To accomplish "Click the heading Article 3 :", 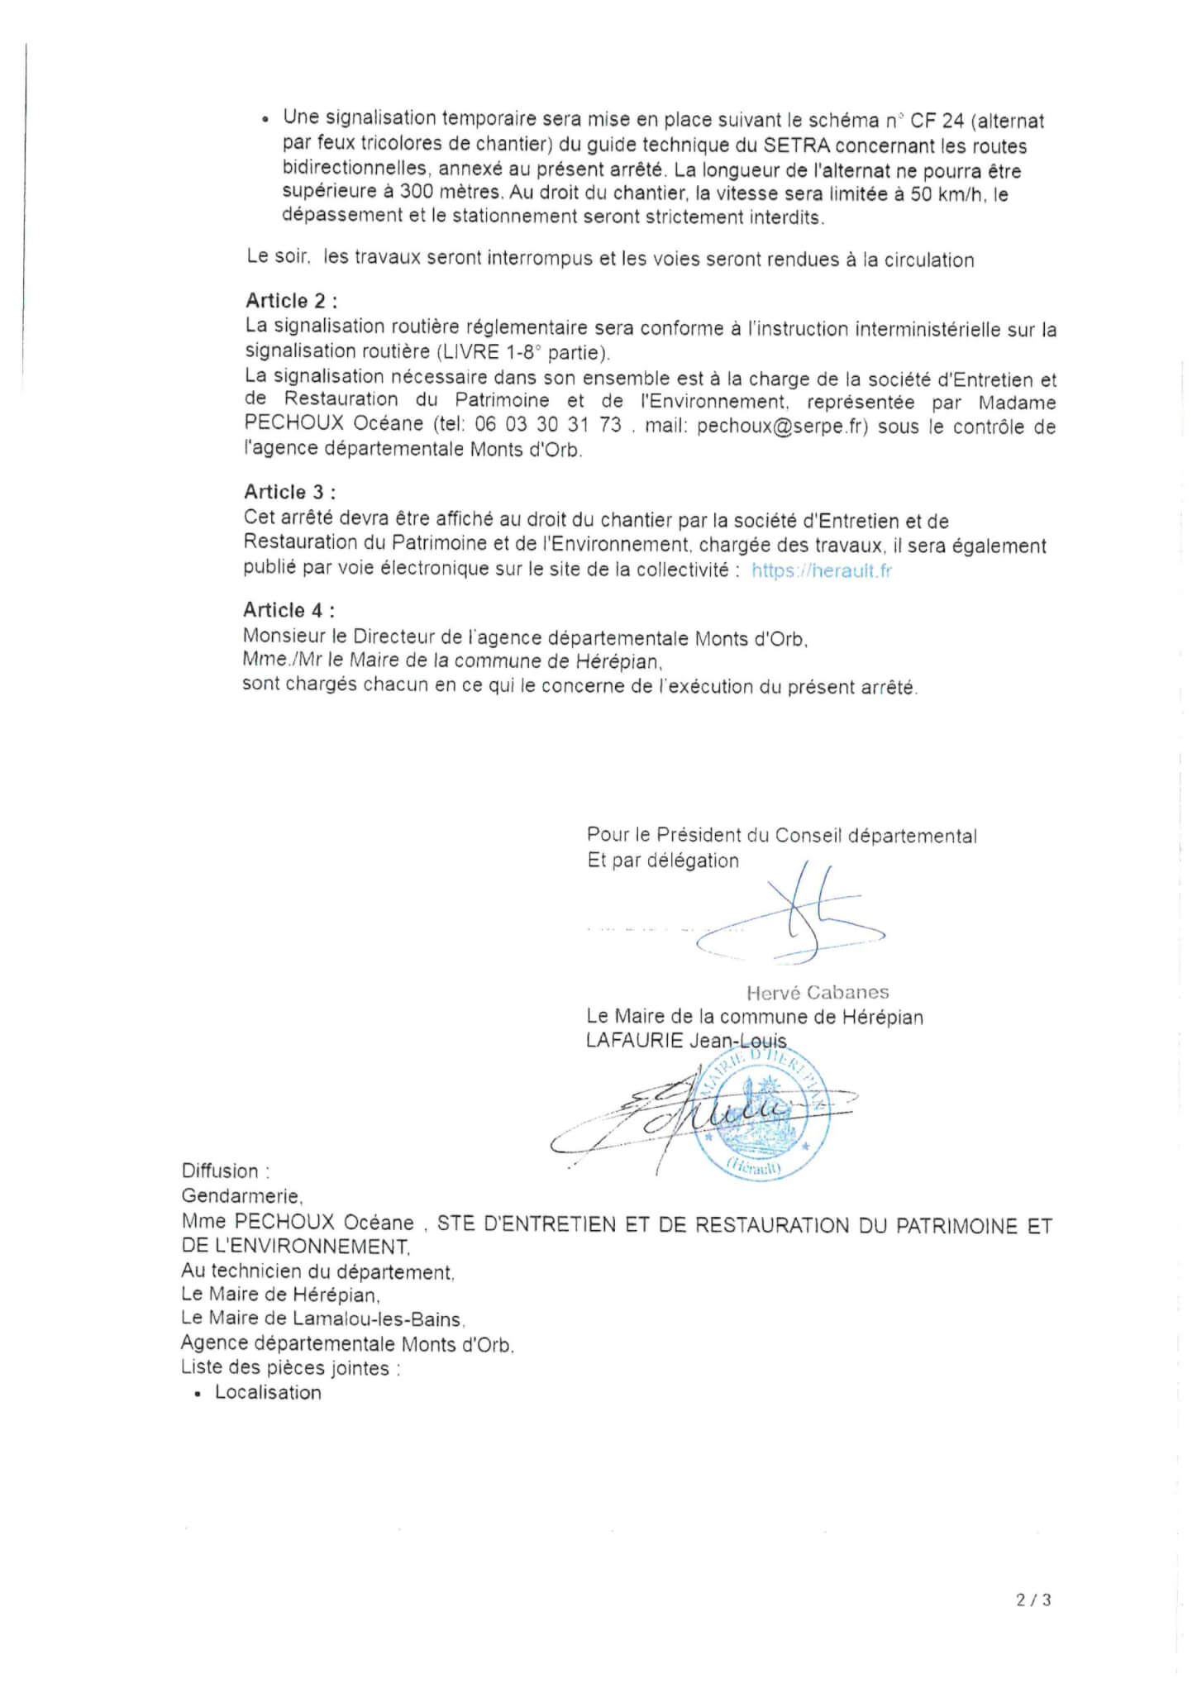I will (289, 493).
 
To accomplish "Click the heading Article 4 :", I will (289, 611).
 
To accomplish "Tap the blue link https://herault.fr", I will (821, 570).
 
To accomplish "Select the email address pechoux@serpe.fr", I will (782, 427).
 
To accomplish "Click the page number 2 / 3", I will (1033, 1600).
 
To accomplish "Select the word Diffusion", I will (221, 1171).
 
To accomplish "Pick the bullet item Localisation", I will (268, 1393).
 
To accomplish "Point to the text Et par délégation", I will (663, 861).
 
